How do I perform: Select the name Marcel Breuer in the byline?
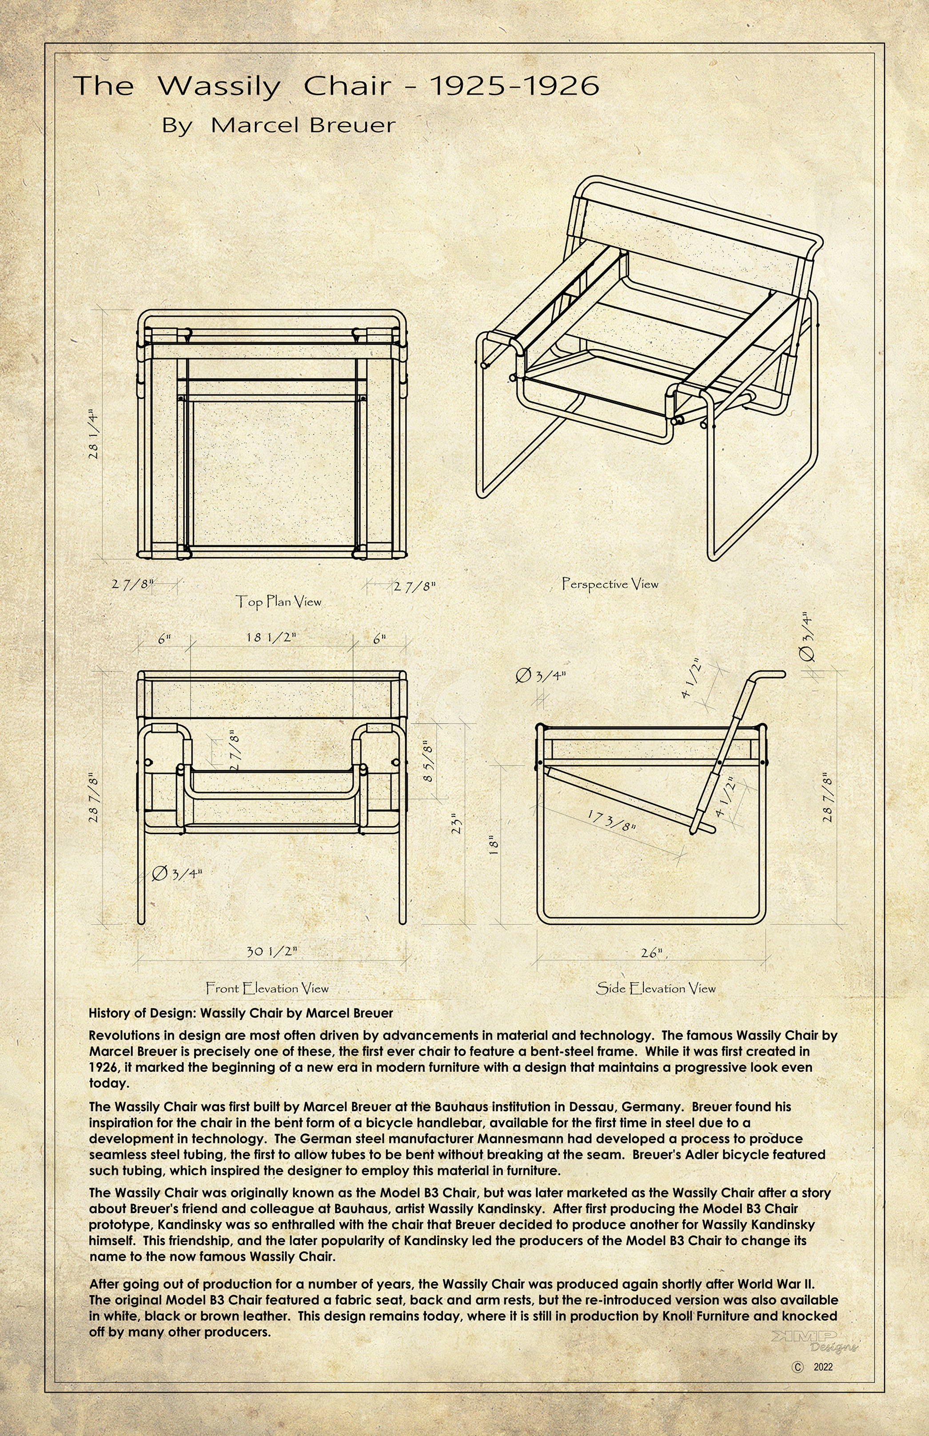pyautogui.click(x=303, y=125)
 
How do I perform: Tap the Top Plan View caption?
pyautogui.click(x=278, y=601)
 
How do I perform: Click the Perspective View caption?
pyautogui.click(x=610, y=584)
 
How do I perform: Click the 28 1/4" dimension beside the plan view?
pyautogui.click(x=95, y=435)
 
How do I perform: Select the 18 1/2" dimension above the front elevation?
pyautogui.click(x=271, y=637)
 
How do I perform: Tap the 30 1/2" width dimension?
pyautogui.click(x=272, y=951)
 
